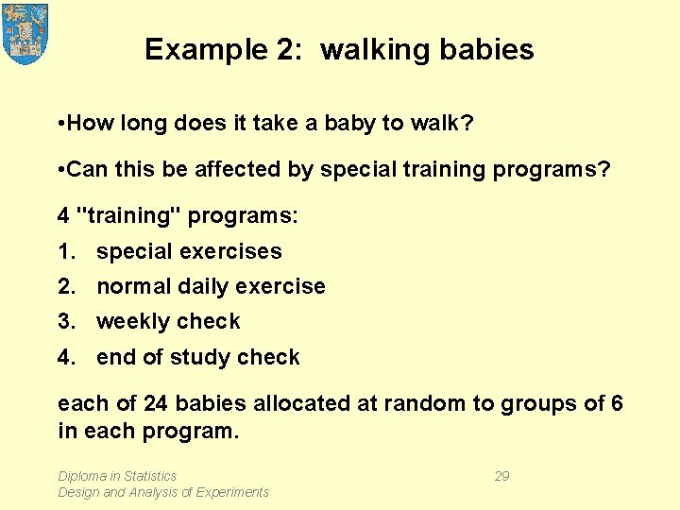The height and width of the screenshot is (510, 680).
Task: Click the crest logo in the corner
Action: (x=25, y=33)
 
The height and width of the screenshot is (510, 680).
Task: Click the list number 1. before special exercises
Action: (x=66, y=252)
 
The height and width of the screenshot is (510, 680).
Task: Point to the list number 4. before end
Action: (x=66, y=358)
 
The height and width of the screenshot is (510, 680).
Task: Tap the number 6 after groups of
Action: (x=617, y=404)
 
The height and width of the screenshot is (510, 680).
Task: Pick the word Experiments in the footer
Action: (x=231, y=492)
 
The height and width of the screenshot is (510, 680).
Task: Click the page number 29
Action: (x=501, y=476)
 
